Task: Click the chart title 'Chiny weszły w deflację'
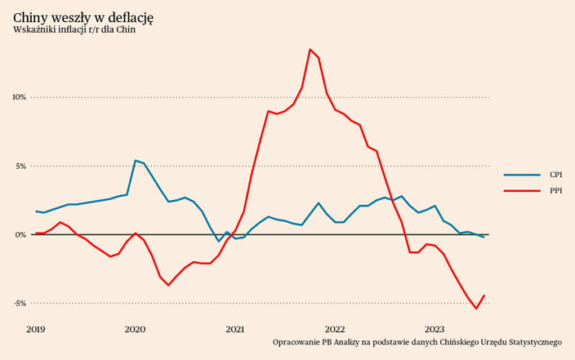pos(83,17)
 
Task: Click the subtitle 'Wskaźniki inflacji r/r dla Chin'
pos(74,30)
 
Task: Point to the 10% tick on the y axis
pos(18,97)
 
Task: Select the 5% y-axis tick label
pos(20,166)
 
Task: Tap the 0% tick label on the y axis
pos(20,234)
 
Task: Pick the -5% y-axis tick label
pos(18,303)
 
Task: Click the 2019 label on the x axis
pos(35,329)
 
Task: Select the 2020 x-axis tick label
pos(135,329)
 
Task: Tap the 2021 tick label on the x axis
pos(234,329)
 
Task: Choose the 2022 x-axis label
pos(334,329)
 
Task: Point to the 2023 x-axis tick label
pos(434,329)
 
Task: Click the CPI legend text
pos(555,175)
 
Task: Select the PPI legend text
pos(555,190)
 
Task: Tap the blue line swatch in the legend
pos(522,175)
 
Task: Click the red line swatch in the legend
pos(522,190)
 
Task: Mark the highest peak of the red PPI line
pos(310,50)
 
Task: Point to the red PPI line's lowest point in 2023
pos(476,309)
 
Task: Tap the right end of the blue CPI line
pos(484,237)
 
